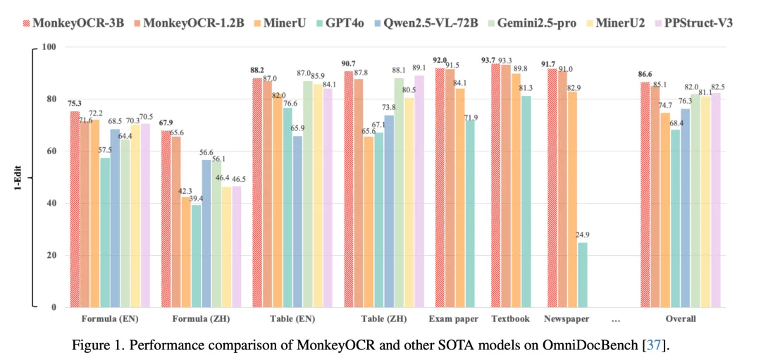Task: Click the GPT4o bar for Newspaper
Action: click(582, 275)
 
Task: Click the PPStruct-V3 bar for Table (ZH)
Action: click(420, 191)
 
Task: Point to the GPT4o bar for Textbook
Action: click(526, 201)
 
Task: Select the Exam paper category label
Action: click(453, 319)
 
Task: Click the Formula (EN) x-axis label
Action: click(110, 319)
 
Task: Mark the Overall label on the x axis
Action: click(681, 319)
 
